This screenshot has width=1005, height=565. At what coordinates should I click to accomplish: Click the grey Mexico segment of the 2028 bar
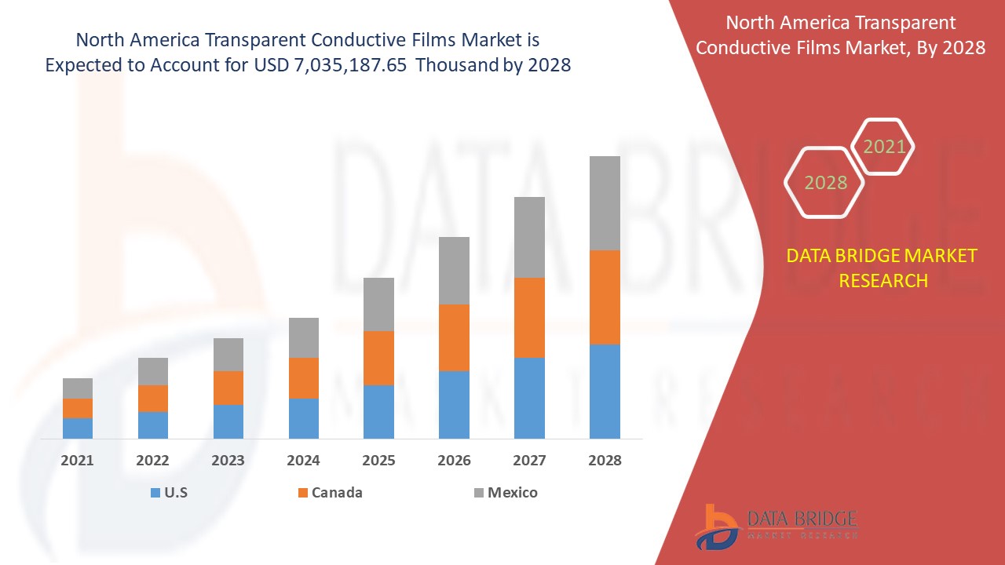click(x=605, y=202)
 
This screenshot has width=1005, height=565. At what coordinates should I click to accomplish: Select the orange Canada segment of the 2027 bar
click(x=529, y=317)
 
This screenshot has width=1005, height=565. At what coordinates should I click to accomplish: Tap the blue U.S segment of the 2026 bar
click(x=454, y=404)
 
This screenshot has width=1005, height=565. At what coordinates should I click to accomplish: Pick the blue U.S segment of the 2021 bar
click(x=78, y=428)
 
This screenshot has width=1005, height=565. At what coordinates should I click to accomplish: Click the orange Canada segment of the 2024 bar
click(x=304, y=377)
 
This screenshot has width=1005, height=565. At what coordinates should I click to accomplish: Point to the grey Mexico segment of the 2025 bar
click(x=378, y=304)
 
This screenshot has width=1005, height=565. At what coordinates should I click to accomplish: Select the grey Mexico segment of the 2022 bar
click(x=153, y=371)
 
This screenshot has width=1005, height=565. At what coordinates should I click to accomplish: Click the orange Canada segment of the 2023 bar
click(x=228, y=388)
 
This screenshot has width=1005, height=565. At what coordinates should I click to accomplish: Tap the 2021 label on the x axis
click(x=77, y=461)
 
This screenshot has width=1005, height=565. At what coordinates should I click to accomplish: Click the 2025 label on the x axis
click(x=378, y=461)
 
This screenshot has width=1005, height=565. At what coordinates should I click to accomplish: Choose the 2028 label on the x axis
click(x=605, y=461)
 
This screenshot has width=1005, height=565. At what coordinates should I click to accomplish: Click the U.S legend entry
click(x=169, y=493)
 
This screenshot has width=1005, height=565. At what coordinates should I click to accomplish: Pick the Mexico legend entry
click(x=506, y=493)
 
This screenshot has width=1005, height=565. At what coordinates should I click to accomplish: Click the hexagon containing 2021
click(x=883, y=146)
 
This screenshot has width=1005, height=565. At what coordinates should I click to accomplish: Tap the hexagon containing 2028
click(x=825, y=183)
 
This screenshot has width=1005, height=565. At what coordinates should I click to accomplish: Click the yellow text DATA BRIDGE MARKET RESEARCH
click(x=883, y=268)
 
